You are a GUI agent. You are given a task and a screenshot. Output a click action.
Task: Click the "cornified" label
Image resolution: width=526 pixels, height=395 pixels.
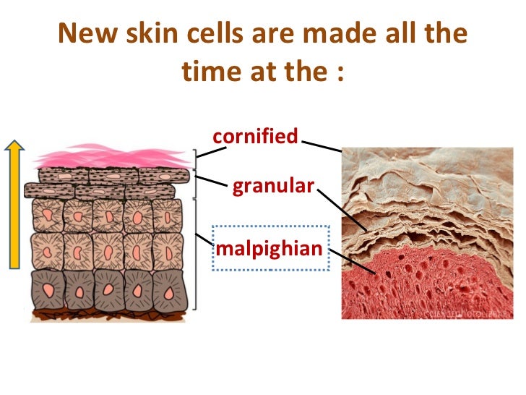pos(255,136)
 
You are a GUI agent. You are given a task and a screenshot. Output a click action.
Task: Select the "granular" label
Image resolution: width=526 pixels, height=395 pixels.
pos(273,187)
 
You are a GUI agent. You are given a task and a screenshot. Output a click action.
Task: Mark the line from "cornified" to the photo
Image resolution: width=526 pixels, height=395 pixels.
pos(322,145)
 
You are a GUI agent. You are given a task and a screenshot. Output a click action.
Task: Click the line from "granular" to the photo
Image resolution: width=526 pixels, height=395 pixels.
pos(340,210)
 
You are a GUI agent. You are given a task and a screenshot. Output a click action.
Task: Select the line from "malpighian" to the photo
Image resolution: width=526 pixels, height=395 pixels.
pos(351,260)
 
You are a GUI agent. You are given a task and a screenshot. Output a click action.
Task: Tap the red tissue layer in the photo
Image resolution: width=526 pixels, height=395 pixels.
pos(434,282)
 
